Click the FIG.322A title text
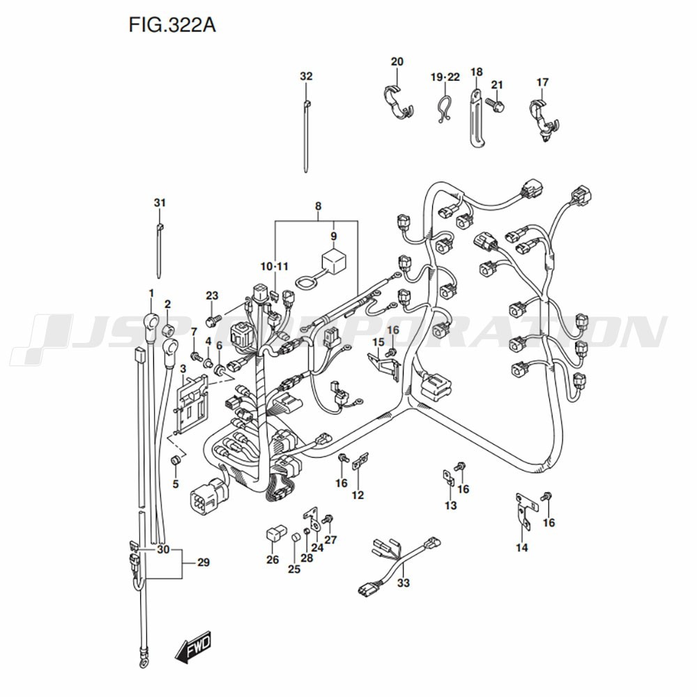pyautogui.click(x=172, y=26)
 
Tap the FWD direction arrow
pyautogui.click(x=194, y=649)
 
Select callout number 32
pyautogui.click(x=307, y=77)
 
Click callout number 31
pyautogui.click(x=160, y=203)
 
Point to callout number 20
pyautogui.click(x=397, y=62)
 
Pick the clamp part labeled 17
pyautogui.click(x=543, y=116)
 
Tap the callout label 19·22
pyautogui.click(x=445, y=77)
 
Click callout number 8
pyautogui.click(x=318, y=206)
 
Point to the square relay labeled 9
pyautogui.click(x=333, y=260)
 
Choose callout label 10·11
pyautogui.click(x=275, y=266)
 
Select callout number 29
pyautogui.click(x=203, y=562)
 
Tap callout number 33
pyautogui.click(x=403, y=583)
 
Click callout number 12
pyautogui.click(x=358, y=496)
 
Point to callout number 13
pyautogui.click(x=450, y=505)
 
